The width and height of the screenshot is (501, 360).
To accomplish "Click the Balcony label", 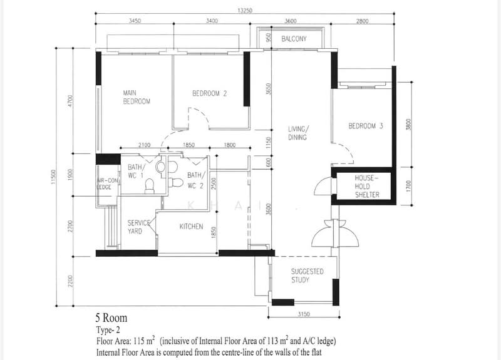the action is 294,39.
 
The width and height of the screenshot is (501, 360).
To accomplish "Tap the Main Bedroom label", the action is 137,97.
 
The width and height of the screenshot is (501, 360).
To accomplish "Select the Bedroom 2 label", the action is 209,93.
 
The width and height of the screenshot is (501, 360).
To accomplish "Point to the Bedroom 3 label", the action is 366,126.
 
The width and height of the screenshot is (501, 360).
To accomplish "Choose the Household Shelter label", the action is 367,186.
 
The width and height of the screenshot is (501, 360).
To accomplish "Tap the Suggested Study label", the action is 307,275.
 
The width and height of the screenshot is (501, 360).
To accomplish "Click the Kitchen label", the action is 191,227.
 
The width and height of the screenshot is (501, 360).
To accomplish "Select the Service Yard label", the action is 138,227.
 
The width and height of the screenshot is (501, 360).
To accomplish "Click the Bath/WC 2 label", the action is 195,180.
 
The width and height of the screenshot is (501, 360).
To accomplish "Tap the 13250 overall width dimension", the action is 245,11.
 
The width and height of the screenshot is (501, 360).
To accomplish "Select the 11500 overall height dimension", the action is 53,177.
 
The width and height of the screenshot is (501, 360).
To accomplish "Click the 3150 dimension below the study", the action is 304,314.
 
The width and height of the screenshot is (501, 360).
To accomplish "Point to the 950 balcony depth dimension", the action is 269,38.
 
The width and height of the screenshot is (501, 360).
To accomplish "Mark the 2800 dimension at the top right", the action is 362,21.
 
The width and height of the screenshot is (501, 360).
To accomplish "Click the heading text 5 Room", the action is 111,318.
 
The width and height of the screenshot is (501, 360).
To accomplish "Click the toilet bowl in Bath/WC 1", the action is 149,186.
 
